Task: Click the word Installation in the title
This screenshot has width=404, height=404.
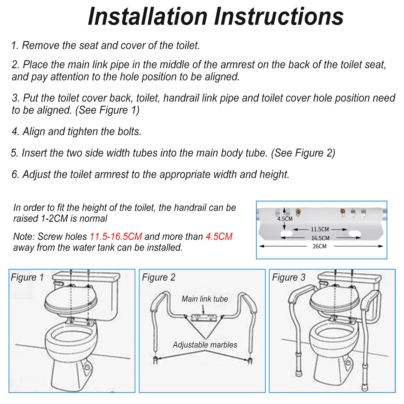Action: [x=148, y=16]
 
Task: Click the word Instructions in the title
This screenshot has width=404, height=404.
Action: [x=279, y=16]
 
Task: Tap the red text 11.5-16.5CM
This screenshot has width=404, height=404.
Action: [x=116, y=237]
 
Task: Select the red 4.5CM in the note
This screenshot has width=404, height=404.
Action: [x=219, y=237]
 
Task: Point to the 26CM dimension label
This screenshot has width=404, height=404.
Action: [x=319, y=246]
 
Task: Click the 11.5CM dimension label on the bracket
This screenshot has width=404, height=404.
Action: [x=320, y=229]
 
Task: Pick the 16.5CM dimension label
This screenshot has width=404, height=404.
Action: [x=320, y=238]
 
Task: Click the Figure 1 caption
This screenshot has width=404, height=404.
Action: [x=27, y=277]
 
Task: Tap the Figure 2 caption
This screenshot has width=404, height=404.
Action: [x=159, y=277]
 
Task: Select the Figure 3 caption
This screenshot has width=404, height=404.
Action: [x=289, y=277]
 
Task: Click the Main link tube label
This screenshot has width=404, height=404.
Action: [x=205, y=299]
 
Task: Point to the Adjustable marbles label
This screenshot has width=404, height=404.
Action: [x=205, y=345]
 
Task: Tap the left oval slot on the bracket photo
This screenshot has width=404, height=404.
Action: [x=286, y=234]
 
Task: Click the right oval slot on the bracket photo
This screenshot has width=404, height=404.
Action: [x=354, y=234]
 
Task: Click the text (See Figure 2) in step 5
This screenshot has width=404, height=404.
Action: [x=303, y=153]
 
